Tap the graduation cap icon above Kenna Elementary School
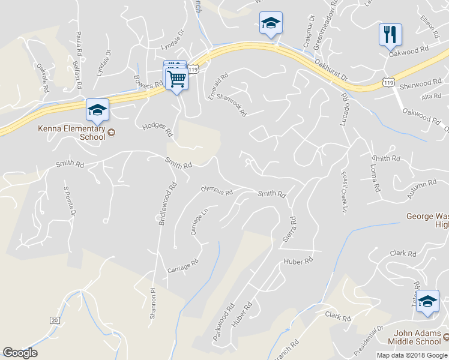[x=97, y=110]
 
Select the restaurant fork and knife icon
[x=390, y=35]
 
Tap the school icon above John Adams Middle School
[x=427, y=301]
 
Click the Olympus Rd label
[x=216, y=191]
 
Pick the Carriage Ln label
[x=200, y=221]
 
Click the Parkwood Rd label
[x=221, y=323]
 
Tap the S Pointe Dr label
[x=70, y=201]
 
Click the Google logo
[x=20, y=353]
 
